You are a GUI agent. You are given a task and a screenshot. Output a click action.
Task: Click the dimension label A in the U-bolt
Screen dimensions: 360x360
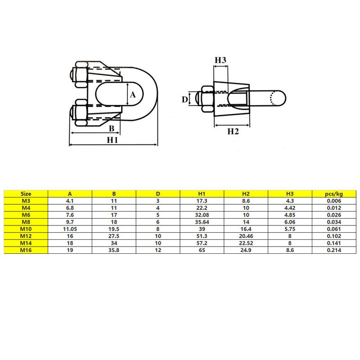tap(133, 95)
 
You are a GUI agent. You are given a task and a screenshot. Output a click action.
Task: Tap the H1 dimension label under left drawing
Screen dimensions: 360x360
tap(112, 139)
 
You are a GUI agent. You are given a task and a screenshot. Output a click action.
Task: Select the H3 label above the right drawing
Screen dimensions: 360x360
tap(220, 60)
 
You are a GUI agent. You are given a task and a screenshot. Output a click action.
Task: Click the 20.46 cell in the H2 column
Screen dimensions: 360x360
tap(246, 236)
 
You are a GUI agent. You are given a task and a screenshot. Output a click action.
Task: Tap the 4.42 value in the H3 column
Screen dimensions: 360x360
tap(290, 207)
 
